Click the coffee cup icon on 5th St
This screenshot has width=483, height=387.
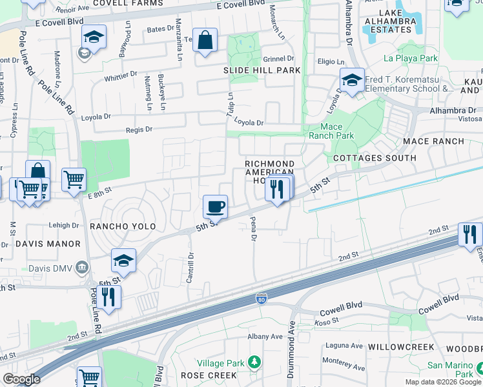tap(215, 207)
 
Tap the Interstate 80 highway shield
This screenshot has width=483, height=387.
tap(260, 300)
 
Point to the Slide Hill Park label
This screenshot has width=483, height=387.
tap(262, 70)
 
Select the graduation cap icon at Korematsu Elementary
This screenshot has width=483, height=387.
tap(352, 81)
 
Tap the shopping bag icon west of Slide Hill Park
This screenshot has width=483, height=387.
tap(205, 41)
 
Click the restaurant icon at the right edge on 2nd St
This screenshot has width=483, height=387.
tap(470, 233)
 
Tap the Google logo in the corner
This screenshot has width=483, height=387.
tap(21, 379)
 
